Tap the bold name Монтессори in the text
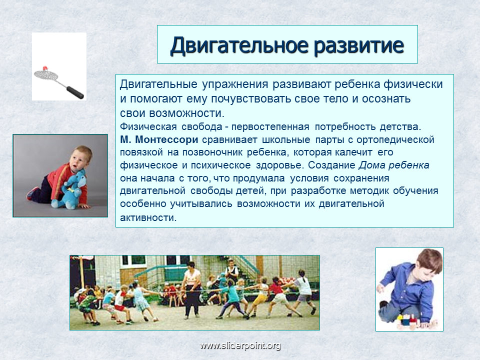[x=166, y=139]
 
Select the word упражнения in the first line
[x=235, y=84]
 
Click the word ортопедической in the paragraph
[x=395, y=140]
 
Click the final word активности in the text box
[x=148, y=217]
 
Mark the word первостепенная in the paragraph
[x=270, y=126]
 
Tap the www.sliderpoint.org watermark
[x=240, y=345]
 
